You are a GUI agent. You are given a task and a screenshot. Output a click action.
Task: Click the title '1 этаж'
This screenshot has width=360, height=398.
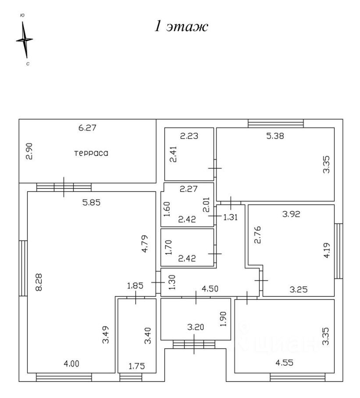pyautogui.click(x=182, y=26)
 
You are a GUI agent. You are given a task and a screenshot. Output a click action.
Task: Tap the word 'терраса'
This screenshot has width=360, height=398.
pyautogui.click(x=91, y=153)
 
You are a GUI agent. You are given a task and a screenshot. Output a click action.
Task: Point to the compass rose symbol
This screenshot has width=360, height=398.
pyautogui.click(x=25, y=39)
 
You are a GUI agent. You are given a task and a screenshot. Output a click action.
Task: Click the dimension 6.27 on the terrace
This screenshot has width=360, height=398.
pyautogui.click(x=87, y=127)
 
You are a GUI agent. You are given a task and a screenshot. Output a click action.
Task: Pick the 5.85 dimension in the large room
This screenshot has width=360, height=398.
pyautogui.click(x=91, y=202)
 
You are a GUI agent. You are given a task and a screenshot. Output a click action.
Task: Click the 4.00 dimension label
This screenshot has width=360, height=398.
pyautogui.click(x=71, y=364)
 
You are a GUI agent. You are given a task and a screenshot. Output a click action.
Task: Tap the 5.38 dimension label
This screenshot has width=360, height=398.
pyautogui.click(x=275, y=136)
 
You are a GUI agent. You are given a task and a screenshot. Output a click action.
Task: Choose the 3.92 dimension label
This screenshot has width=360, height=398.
pyautogui.click(x=291, y=214)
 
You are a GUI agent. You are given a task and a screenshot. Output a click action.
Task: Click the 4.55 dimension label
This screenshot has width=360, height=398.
pyautogui.click(x=285, y=362)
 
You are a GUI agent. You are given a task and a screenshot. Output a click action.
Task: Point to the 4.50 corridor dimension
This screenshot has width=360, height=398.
pyautogui.click(x=210, y=289)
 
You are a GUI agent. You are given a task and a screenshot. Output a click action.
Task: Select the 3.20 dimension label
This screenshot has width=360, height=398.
pyautogui.click(x=196, y=327)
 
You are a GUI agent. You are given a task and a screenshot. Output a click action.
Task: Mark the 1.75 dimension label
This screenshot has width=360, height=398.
pyautogui.click(x=137, y=366)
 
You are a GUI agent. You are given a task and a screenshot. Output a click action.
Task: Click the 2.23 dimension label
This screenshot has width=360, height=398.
pyautogui.click(x=189, y=136)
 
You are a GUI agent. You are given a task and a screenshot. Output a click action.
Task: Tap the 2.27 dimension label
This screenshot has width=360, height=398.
pyautogui.click(x=189, y=189)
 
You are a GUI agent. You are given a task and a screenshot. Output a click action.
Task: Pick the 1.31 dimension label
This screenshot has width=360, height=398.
pyautogui.click(x=230, y=217)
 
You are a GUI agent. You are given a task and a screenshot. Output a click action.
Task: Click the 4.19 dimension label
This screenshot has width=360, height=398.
pyautogui.click(x=327, y=250)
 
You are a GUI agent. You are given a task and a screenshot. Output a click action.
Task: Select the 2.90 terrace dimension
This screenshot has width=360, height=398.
pyautogui.click(x=29, y=151)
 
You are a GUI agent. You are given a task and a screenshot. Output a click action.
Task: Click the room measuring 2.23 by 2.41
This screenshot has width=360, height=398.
pyautogui.click(x=189, y=154)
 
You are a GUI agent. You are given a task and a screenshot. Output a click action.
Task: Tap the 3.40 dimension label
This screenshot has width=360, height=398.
pyautogui.click(x=147, y=336)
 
